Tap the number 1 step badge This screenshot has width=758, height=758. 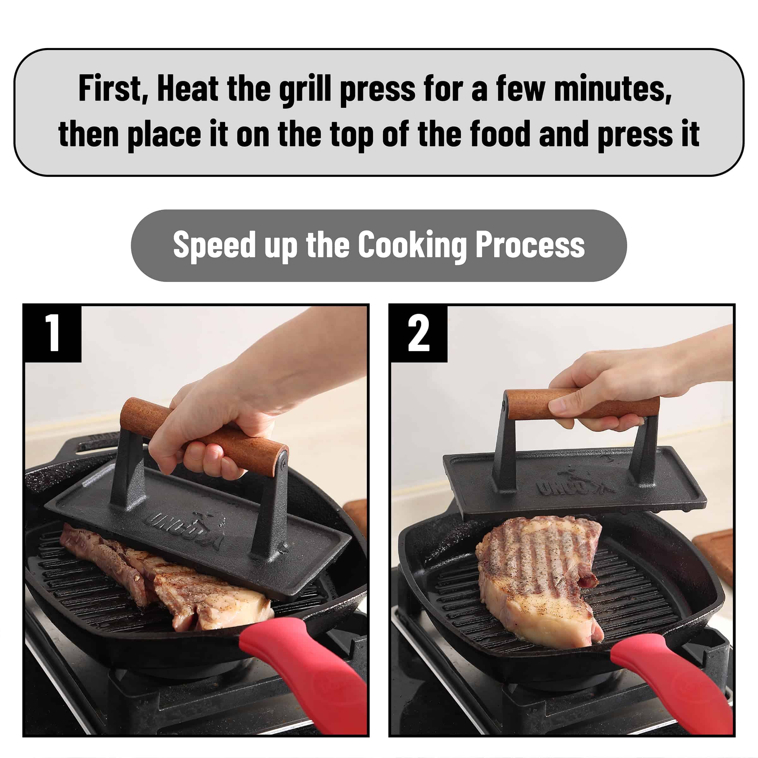[x=52, y=334]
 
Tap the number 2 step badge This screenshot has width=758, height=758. [x=418, y=334]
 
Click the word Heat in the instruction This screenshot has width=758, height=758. [x=188, y=89]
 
